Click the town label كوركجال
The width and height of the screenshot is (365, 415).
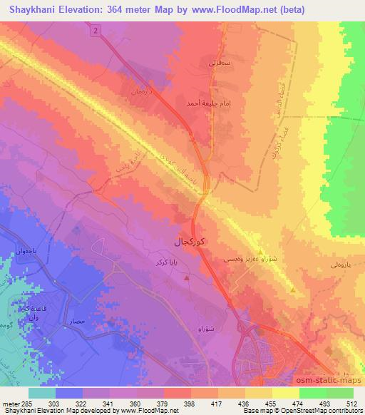[192, 242]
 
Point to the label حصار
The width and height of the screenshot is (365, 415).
[78, 322]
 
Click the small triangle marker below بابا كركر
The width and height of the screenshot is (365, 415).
[187, 277]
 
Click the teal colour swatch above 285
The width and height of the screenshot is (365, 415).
[43, 393]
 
